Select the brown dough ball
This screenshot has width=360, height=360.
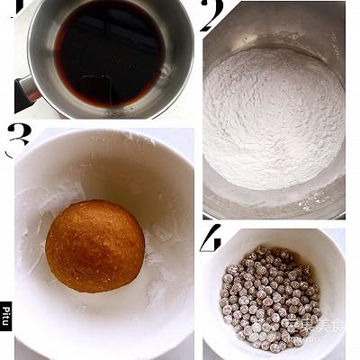[x=94, y=246]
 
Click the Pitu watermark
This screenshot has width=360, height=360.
[x=5, y=316]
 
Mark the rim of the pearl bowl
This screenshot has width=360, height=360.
[x=270, y=231]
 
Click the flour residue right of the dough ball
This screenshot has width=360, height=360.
[x=162, y=270]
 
